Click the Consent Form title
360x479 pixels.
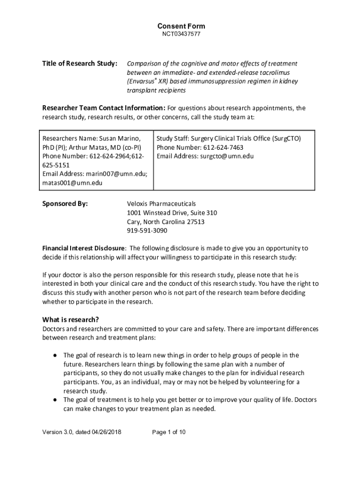point(181,26)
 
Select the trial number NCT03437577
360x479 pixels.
point(181,35)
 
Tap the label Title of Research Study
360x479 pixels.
point(79,64)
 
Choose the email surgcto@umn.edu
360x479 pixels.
point(227,156)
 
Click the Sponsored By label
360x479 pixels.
point(65,204)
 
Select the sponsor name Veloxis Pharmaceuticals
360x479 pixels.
point(162,204)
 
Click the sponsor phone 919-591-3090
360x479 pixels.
point(147,231)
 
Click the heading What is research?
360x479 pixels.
point(71,320)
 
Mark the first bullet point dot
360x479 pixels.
point(55,356)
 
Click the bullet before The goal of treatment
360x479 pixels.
point(55,400)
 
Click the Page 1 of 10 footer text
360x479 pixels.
point(169,432)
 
